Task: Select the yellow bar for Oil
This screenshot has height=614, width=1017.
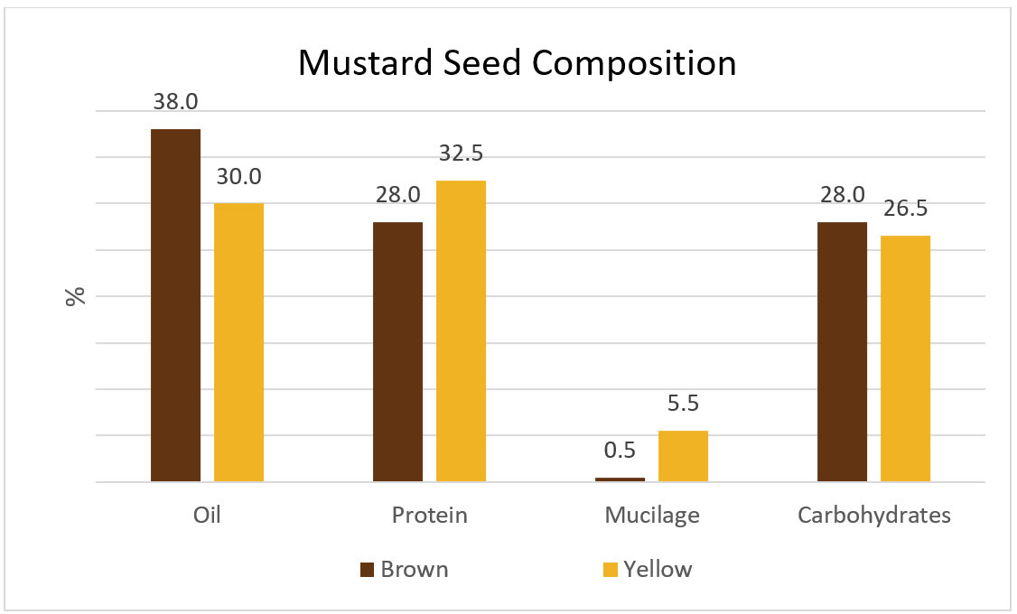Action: (x=238, y=342)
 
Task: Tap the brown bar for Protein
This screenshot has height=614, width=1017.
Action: (x=397, y=351)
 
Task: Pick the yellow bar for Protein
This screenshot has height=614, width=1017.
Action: (x=461, y=330)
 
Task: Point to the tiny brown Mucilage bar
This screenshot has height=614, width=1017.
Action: (x=620, y=479)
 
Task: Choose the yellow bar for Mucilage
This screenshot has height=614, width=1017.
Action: (x=683, y=456)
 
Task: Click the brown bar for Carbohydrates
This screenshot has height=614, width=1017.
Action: (x=842, y=351)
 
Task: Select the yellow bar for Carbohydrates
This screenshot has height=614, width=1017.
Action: (x=905, y=358)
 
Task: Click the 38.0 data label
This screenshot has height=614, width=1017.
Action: (x=175, y=102)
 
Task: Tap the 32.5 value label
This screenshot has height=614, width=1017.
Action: (x=462, y=153)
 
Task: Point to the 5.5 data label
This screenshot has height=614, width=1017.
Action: (x=684, y=404)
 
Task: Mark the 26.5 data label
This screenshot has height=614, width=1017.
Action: (x=905, y=209)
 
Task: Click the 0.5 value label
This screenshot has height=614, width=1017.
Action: (x=620, y=451)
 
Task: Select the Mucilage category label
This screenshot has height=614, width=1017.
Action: (x=652, y=516)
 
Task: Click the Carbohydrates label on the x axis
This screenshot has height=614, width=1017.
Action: (x=873, y=516)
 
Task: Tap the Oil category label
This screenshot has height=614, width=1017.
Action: (x=207, y=516)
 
